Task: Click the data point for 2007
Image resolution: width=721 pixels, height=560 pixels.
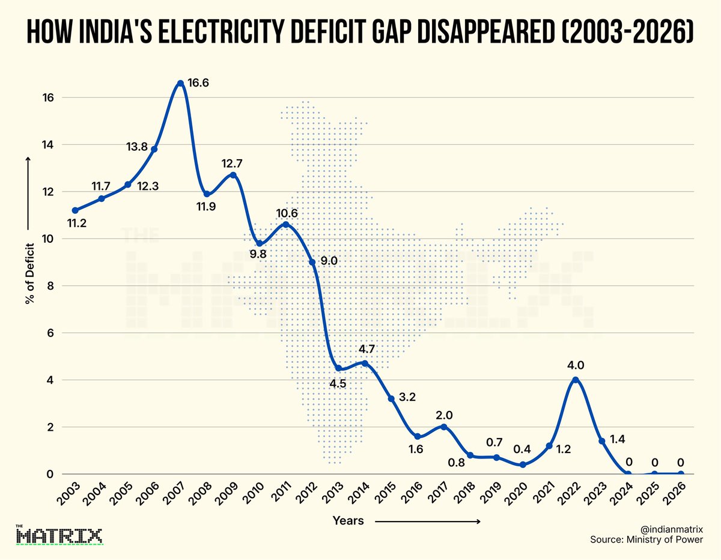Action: [x=180, y=83]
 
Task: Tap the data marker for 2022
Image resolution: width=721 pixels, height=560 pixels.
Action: [x=576, y=380]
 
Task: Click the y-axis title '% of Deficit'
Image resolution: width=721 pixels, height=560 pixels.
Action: [x=29, y=274]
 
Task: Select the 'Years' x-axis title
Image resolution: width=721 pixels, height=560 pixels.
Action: [x=348, y=521]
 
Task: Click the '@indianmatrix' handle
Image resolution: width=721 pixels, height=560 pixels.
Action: [x=672, y=528]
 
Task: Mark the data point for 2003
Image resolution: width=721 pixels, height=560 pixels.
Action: [x=75, y=210]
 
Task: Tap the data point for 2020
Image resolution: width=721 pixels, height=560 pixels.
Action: [x=523, y=464]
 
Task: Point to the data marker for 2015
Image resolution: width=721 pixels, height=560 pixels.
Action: [x=391, y=399]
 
